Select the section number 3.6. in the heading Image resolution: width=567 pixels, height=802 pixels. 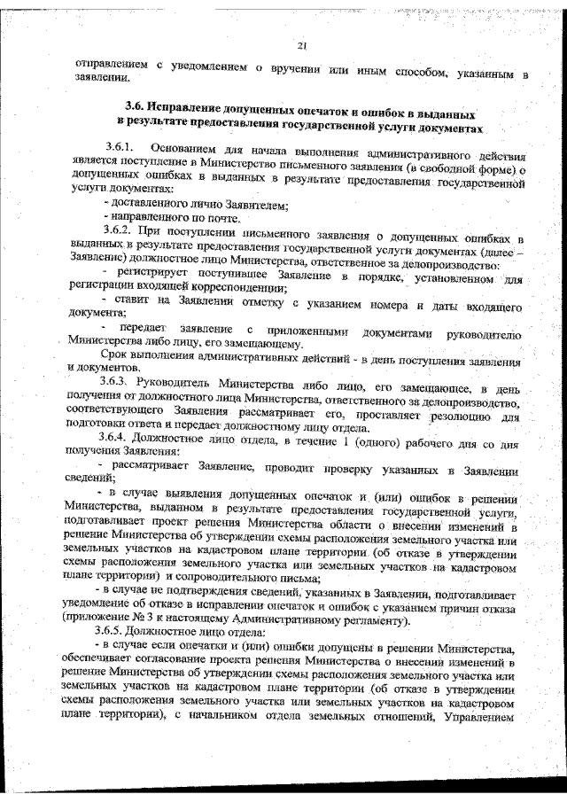(136, 113)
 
